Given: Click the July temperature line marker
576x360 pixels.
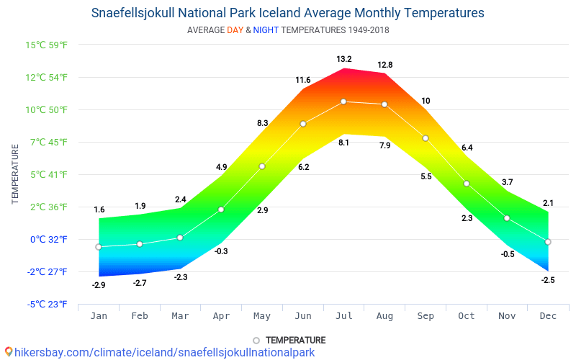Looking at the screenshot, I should pyautogui.click(x=343, y=102).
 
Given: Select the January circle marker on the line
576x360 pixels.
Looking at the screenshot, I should pyautogui.click(x=99, y=247).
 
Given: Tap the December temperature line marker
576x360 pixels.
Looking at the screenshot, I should pyautogui.click(x=548, y=242).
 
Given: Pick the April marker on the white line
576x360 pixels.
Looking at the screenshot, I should pyautogui.click(x=221, y=210).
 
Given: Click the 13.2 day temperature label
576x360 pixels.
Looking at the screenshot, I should pyautogui.click(x=343, y=59).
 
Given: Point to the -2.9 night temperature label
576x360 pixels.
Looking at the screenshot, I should pyautogui.click(x=99, y=285).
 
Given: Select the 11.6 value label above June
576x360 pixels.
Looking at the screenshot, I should pyautogui.click(x=302, y=80).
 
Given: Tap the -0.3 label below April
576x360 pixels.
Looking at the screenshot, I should pyautogui.click(x=221, y=251).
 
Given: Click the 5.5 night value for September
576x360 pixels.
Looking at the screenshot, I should pyautogui.click(x=426, y=176).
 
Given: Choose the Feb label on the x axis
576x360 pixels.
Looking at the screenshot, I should pyautogui.click(x=140, y=316).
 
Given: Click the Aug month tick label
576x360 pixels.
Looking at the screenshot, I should pyautogui.click(x=384, y=316).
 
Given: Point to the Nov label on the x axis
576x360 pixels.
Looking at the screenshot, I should pyautogui.click(x=507, y=316).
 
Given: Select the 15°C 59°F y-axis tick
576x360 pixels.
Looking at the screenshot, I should pyautogui.click(x=47, y=45).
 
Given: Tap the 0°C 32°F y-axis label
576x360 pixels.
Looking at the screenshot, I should pyautogui.click(x=48, y=240).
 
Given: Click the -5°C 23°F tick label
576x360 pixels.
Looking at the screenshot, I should pyautogui.click(x=48, y=305).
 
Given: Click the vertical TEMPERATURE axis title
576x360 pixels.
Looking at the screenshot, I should pyautogui.click(x=15, y=174).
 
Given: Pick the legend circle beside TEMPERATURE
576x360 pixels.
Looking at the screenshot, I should pyautogui.click(x=256, y=341).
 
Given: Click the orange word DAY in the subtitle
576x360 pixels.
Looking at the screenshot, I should pyautogui.click(x=235, y=30).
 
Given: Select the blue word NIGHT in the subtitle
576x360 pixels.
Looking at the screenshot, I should pyautogui.click(x=266, y=30).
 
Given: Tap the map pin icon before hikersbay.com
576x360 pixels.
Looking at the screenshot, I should pyautogui.click(x=9, y=352).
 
